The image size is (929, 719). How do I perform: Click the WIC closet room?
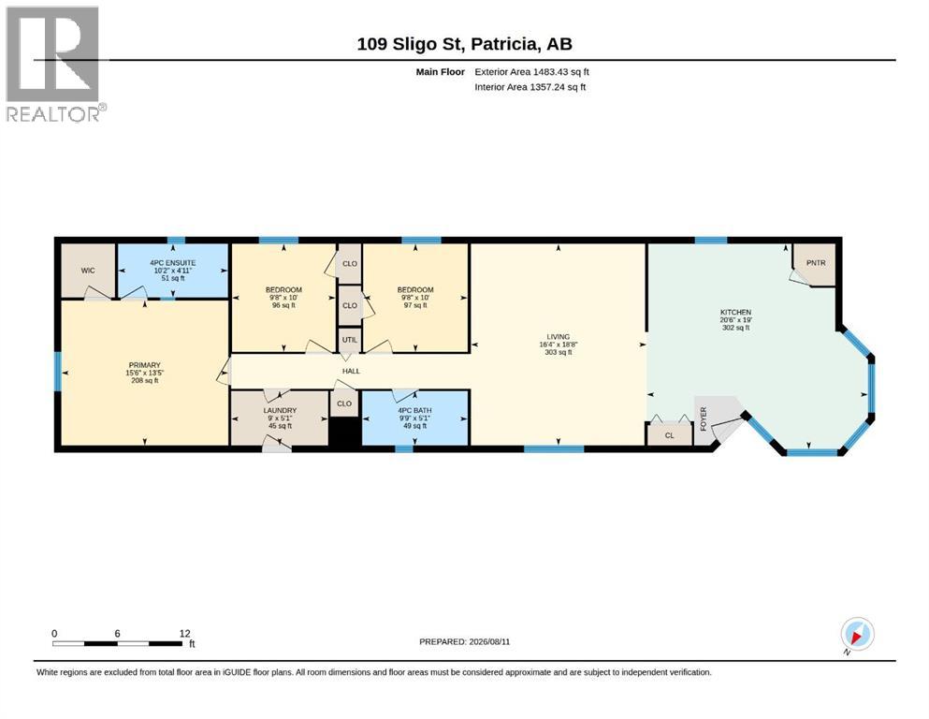click(x=88, y=271)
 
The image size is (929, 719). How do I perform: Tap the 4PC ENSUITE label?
click(x=172, y=262)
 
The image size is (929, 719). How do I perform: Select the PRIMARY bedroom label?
click(x=145, y=365)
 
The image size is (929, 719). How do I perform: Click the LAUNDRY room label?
click(x=280, y=410)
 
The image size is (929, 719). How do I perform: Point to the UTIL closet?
click(x=350, y=340)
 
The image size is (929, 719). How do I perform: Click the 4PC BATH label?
click(x=414, y=410)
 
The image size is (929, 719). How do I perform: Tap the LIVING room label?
click(x=559, y=337)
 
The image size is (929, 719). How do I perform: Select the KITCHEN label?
click(x=736, y=312)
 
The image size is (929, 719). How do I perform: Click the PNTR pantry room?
click(x=816, y=263)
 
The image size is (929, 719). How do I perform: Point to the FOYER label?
click(x=704, y=418)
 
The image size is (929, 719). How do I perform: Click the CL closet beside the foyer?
click(x=670, y=434)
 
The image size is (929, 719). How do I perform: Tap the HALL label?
click(x=352, y=371)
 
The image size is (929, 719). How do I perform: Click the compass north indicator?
click(x=857, y=635)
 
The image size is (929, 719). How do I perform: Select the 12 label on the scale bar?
click(x=185, y=633)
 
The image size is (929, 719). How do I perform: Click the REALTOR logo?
click(x=56, y=64)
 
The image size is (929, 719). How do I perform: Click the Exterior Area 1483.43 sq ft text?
click(x=531, y=72)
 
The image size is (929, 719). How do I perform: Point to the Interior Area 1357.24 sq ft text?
click(x=530, y=87)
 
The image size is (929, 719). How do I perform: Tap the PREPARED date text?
click(x=464, y=641)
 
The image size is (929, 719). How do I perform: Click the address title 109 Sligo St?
click(x=414, y=44)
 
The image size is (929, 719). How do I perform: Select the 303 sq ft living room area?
click(x=559, y=352)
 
